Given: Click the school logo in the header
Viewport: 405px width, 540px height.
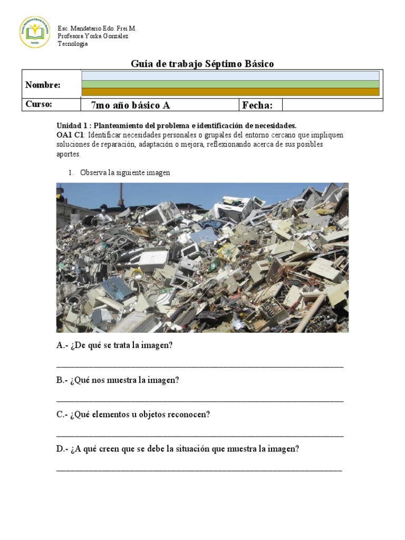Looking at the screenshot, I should pyautogui.click(x=35, y=32).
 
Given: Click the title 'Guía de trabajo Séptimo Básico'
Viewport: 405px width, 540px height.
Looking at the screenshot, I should pyautogui.click(x=202, y=64).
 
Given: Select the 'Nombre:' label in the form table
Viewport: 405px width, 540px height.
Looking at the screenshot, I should pyautogui.click(x=43, y=85).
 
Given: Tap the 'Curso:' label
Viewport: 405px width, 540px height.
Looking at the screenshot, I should pyautogui.click(x=39, y=104).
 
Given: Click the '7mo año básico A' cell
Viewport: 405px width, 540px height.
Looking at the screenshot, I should pyautogui.click(x=130, y=105).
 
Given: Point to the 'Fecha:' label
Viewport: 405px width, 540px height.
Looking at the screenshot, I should pyautogui.click(x=257, y=105).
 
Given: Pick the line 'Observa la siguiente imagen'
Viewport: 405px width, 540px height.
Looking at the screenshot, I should pyautogui.click(x=125, y=172).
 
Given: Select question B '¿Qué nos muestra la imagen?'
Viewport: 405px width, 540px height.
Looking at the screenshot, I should pyautogui.click(x=118, y=380).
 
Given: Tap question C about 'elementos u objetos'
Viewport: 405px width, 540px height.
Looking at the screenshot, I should pyautogui.click(x=133, y=414).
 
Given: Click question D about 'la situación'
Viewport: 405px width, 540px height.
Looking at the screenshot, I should pyautogui.click(x=178, y=449).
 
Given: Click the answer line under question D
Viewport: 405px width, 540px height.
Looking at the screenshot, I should pyautogui.click(x=199, y=469).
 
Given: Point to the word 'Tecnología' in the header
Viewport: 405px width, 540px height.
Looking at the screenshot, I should pyautogui.click(x=73, y=44).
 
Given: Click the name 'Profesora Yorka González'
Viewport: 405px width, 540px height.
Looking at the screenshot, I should pyautogui.click(x=93, y=36).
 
